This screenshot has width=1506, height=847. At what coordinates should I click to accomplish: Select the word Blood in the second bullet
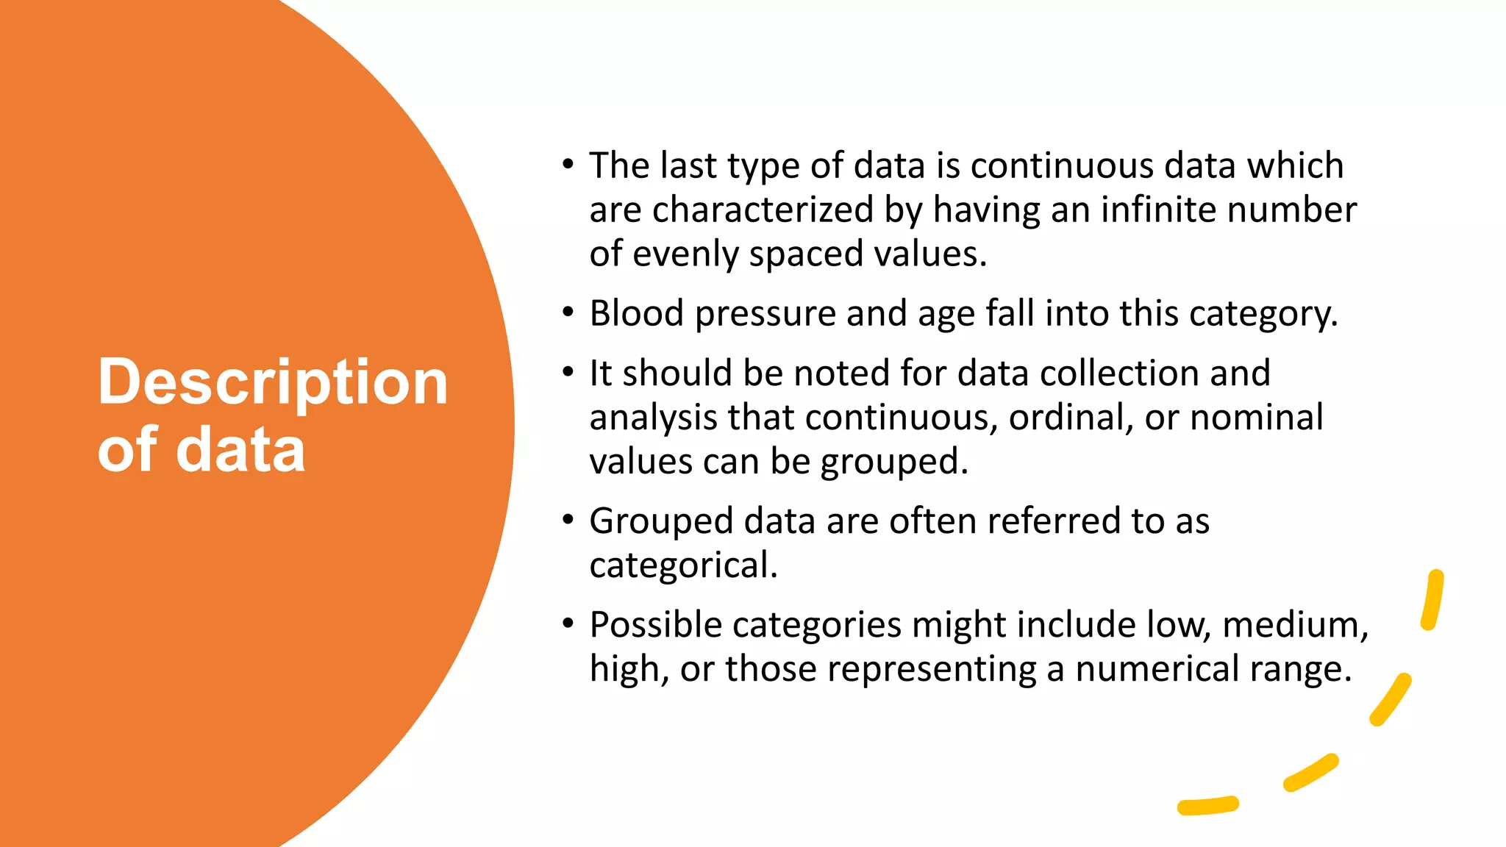point(637,314)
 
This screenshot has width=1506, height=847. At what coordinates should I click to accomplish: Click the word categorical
point(682,565)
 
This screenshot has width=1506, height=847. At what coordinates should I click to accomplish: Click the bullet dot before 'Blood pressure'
point(568,312)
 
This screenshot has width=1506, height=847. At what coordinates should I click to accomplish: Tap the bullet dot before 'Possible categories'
point(568,624)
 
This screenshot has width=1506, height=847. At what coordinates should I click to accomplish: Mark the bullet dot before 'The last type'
point(568,165)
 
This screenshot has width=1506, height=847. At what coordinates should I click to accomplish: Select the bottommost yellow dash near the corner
point(1207,806)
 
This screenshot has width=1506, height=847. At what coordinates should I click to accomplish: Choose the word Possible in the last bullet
point(655,626)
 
